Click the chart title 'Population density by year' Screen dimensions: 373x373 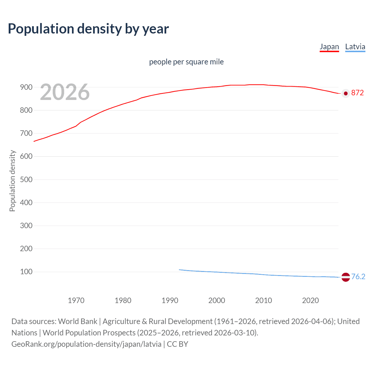coord(88,29)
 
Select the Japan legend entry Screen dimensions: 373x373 coord(329,47)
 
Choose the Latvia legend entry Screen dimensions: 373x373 coord(355,47)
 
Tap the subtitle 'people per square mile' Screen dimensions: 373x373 coord(186,62)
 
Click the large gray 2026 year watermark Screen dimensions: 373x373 coord(65,92)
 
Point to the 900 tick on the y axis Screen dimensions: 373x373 coord(26,87)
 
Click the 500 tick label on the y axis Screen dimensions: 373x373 coord(26,180)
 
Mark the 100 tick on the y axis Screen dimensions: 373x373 coord(26,272)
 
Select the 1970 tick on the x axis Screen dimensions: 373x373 coord(76,300)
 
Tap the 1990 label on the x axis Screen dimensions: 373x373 coord(170,300)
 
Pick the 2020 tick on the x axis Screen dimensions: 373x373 coord(310,300)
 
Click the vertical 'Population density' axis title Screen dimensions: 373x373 coord(12,181)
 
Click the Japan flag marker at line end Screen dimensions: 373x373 coord(346,93)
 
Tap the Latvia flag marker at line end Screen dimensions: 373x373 coord(346,277)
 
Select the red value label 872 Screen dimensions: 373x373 coord(358,93)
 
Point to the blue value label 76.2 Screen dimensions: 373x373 coord(358,277)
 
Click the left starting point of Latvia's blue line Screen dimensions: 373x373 coord(179,270)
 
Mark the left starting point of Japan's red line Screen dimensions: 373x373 coord(34,141)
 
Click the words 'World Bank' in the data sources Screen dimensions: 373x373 coord(78,321)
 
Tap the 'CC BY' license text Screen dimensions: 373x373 coord(177,344)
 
